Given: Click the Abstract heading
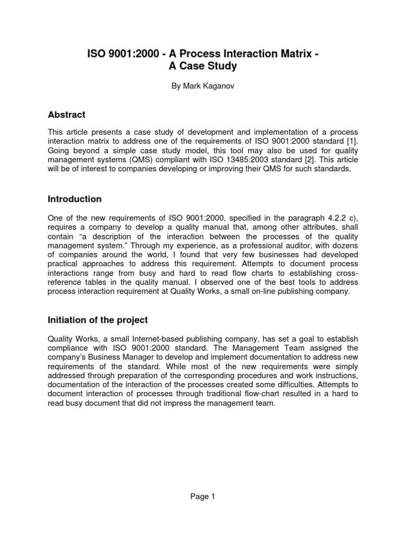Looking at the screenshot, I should click(x=67, y=115).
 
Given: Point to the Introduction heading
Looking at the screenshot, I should click(x=75, y=199).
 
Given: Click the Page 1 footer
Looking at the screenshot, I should click(x=203, y=496).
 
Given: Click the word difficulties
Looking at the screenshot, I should click(x=299, y=386).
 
